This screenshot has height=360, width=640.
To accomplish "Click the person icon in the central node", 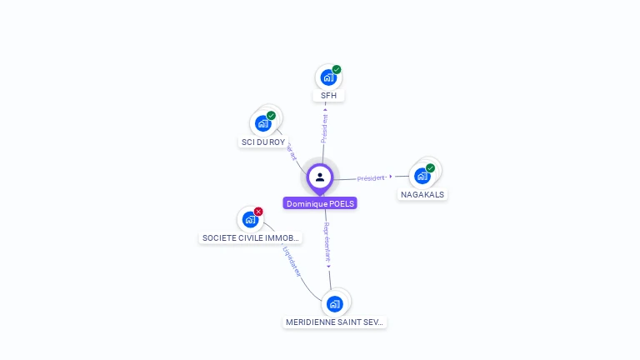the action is click(320, 177).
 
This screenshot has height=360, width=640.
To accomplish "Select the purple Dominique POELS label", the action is click(320, 203).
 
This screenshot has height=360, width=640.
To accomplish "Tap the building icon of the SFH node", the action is click(328, 77).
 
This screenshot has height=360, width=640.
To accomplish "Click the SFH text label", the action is click(328, 96).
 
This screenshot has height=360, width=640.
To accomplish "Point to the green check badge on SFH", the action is click(337, 69).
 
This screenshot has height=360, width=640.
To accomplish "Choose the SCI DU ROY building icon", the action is click(263, 123).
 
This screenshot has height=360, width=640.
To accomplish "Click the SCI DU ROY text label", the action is click(263, 142).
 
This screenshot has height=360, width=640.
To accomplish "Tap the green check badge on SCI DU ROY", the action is click(271, 115).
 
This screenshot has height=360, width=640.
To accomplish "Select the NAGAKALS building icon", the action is click(422, 176).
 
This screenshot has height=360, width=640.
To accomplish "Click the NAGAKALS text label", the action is click(422, 194).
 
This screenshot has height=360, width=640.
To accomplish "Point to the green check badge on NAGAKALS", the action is click(431, 167).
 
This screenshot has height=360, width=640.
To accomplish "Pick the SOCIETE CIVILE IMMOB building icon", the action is click(250, 220).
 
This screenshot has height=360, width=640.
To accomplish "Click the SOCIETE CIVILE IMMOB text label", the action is click(251, 238).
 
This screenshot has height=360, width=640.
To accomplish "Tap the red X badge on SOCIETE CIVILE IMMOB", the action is click(258, 212).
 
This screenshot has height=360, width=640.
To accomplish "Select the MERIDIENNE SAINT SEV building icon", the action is click(335, 303).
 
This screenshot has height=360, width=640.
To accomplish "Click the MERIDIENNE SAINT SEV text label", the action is click(335, 322).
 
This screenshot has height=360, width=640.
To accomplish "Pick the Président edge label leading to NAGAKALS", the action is click(371, 177).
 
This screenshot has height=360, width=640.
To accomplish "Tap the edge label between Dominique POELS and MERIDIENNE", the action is click(327, 242).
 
